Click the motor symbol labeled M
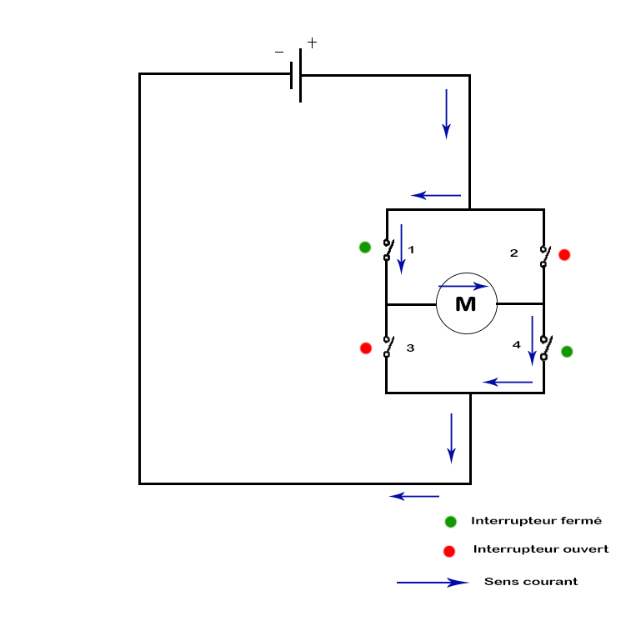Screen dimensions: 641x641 click(x=466, y=303)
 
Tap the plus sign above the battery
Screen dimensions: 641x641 click(x=312, y=42)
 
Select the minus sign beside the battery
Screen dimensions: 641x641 click(x=279, y=52)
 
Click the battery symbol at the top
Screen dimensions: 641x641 click(x=296, y=75)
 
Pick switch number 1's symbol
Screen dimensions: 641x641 click(x=387, y=249)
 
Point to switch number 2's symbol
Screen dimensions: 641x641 click(x=543, y=256)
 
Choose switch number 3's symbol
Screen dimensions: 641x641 click(x=387, y=347)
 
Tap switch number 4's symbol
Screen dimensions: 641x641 click(x=543, y=348)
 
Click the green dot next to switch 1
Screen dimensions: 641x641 click(x=364, y=247)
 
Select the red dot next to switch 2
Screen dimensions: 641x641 click(x=564, y=254)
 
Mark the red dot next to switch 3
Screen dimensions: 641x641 click(x=365, y=348)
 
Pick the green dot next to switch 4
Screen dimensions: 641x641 click(x=567, y=352)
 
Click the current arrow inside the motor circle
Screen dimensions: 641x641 click(x=463, y=286)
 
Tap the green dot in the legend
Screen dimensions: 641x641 click(x=451, y=522)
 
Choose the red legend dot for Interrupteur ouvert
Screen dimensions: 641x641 click(x=449, y=551)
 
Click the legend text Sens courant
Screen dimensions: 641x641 click(x=531, y=582)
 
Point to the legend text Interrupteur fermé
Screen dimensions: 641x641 click(x=536, y=521)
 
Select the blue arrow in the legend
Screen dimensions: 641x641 click(x=432, y=583)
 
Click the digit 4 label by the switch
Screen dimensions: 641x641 click(x=517, y=344)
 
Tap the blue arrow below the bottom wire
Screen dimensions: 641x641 click(x=414, y=496)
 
